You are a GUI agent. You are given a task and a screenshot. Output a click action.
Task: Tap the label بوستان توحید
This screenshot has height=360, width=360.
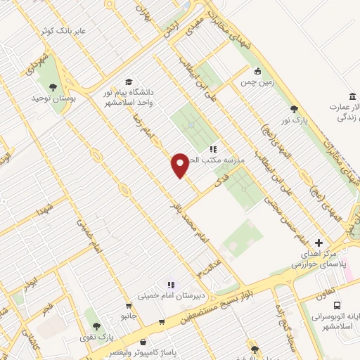pyautogui.click(x=52, y=98)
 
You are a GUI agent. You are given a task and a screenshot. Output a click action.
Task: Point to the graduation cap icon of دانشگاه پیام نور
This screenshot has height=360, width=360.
pyautogui.click(x=129, y=81)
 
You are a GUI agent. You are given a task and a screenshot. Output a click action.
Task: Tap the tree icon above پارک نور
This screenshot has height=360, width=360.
pyautogui.click(x=294, y=109)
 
